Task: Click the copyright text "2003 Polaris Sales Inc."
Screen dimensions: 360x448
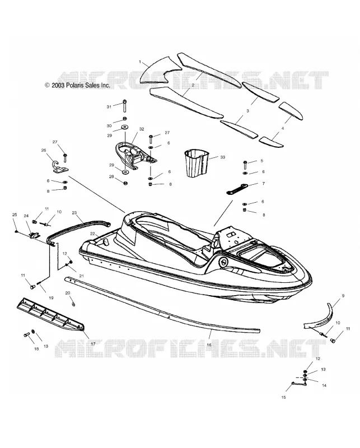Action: [x=81, y=85]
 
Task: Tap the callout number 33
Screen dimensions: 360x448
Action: [x=223, y=157]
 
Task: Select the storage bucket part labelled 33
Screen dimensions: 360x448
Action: [x=196, y=162]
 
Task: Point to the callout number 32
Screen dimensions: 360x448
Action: [x=142, y=129]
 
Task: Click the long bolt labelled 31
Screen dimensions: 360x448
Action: [x=125, y=106]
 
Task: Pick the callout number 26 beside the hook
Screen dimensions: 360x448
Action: [x=44, y=150]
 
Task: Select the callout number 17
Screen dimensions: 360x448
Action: [x=93, y=344]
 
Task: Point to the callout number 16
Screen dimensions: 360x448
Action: [x=209, y=344]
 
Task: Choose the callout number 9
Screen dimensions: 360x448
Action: [x=343, y=296]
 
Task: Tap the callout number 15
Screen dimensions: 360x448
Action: [x=283, y=397]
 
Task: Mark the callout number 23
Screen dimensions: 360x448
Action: [x=74, y=213]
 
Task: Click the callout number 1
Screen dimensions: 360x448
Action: [x=140, y=62]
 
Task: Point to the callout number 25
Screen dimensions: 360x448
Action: [x=15, y=214]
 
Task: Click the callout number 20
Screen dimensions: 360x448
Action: [x=68, y=293]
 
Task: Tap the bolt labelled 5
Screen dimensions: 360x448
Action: [x=245, y=165]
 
